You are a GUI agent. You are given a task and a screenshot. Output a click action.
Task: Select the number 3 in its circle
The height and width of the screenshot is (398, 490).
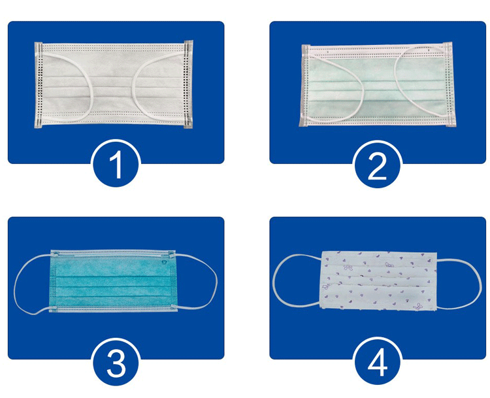[x=116, y=363]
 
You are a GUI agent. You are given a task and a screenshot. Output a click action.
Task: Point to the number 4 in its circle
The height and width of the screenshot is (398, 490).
[x=378, y=363]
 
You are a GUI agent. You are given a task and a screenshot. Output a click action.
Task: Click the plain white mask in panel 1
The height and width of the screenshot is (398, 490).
[x=114, y=84]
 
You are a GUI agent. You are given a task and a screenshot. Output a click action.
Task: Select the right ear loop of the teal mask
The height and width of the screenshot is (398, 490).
[x=216, y=282]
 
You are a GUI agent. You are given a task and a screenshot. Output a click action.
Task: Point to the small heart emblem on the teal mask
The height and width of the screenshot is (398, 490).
[x=165, y=263]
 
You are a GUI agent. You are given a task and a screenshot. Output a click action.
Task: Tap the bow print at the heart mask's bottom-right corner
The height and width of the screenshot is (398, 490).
[x=417, y=306]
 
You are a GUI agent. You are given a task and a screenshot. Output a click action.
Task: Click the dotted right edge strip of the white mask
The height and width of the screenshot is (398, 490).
[x=188, y=84]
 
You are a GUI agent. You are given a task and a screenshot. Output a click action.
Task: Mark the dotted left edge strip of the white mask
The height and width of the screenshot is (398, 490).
[x=39, y=85]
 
